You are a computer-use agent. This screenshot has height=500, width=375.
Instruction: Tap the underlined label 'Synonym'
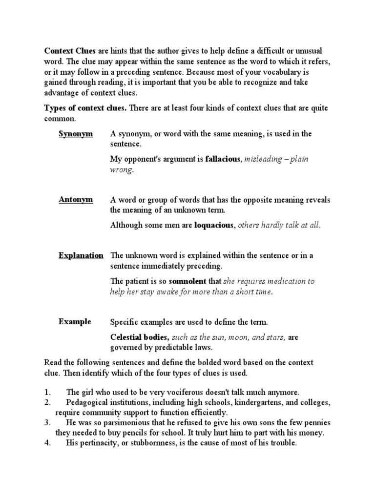pos(75,134)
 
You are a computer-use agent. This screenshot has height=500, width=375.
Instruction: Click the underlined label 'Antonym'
pos(76,200)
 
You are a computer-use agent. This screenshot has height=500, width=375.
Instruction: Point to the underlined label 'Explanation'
pos(81,255)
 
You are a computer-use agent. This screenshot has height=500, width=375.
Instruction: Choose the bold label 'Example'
pos(75,321)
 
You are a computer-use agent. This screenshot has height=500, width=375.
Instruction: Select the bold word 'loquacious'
pos(215,225)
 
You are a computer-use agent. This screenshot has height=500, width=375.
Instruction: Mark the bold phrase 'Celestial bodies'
pos(140,337)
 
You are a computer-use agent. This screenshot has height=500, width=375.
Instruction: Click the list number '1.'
pos(47,392)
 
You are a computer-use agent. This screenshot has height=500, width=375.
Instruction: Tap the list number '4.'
pos(47,443)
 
